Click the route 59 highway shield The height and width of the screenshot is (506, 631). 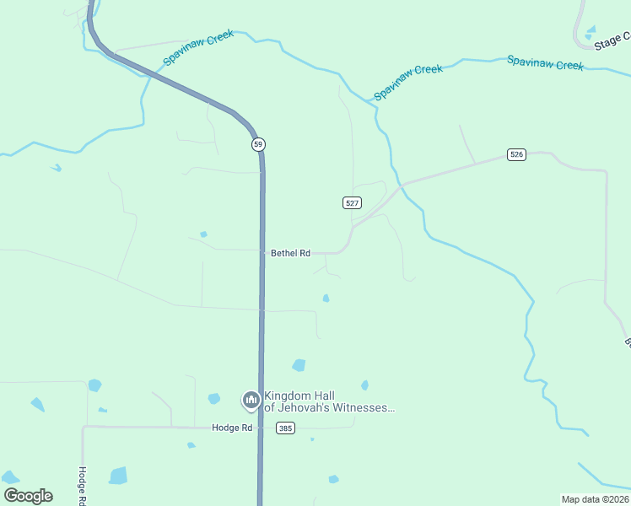[258, 144]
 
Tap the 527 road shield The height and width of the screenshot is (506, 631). [353, 202]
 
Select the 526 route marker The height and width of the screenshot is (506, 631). [517, 154]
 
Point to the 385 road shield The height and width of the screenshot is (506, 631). [285, 428]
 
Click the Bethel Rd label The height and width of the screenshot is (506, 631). [290, 253]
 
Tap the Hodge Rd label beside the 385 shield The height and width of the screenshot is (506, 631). [232, 428]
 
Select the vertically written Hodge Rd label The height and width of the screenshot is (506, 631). [83, 486]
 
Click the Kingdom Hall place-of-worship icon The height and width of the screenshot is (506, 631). [251, 400]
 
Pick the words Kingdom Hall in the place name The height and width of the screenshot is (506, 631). [295, 396]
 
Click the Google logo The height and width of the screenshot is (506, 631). [28, 496]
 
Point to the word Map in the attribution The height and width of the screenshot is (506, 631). [571, 499]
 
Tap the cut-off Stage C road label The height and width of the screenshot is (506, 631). [612, 40]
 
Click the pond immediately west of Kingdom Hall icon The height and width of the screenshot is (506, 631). [214, 399]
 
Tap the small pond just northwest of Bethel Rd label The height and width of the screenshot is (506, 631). [203, 234]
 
